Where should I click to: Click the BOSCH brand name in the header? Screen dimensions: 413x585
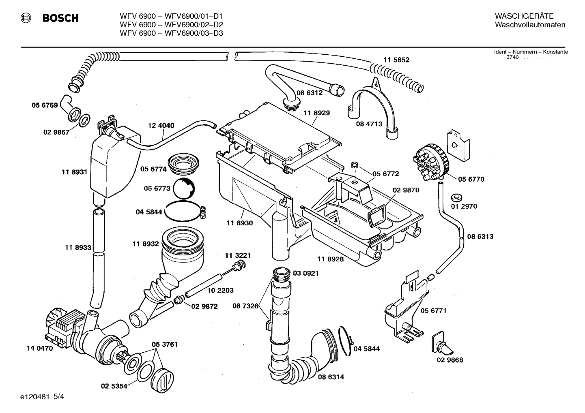click(x=60, y=18)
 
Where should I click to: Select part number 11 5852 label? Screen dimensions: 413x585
click(x=396, y=60)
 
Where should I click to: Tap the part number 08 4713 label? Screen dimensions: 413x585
click(x=369, y=124)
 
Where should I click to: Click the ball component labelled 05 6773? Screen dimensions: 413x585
click(x=184, y=188)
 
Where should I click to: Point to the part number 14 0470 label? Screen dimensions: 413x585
click(x=39, y=348)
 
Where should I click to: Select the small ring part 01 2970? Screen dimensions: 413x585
click(x=456, y=198)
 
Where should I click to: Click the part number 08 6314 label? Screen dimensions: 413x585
click(x=331, y=377)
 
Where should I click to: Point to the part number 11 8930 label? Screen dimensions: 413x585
click(x=239, y=223)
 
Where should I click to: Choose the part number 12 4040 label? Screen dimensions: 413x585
click(x=161, y=126)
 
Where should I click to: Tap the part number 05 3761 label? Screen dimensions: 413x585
click(x=165, y=345)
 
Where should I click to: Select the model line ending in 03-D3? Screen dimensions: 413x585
click(x=171, y=33)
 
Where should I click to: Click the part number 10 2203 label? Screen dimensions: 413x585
click(x=220, y=291)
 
